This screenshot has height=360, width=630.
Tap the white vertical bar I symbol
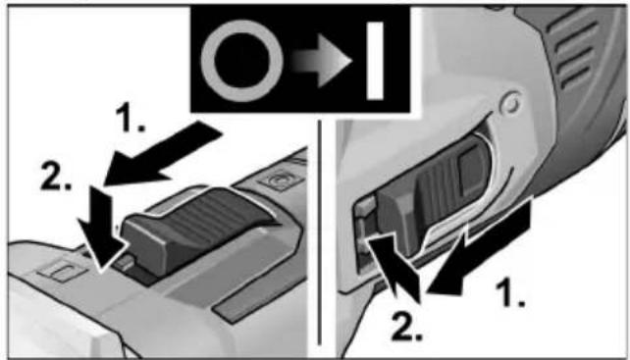[x=375, y=61]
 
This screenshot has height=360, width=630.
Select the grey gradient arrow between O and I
[x=322, y=61]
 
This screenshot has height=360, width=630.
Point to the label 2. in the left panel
[x=56, y=177]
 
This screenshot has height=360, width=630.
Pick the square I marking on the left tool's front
[x=61, y=270]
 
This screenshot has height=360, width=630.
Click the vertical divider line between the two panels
[x=320, y=232]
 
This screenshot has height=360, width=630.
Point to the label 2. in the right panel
[x=406, y=329]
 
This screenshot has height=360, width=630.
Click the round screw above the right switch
[x=510, y=102]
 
